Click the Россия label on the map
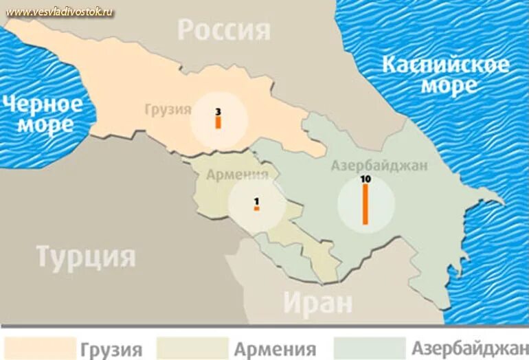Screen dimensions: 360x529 224,30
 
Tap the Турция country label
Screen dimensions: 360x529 86,257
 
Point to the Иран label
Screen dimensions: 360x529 317,302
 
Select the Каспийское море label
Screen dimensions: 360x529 446,75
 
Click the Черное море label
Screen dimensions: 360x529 43,114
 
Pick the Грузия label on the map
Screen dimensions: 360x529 168,109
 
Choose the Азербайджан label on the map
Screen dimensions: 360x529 379,165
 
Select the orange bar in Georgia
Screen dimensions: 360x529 218,122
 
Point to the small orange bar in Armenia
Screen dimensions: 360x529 256,208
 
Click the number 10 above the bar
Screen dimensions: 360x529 365,179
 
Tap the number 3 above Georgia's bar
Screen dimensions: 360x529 218,111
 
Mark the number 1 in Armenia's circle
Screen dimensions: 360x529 256,201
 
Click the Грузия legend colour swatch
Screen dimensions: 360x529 39,348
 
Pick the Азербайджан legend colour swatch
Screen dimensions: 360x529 369,348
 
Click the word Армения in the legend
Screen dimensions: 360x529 275,348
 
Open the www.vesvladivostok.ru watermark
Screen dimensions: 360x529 60,12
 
